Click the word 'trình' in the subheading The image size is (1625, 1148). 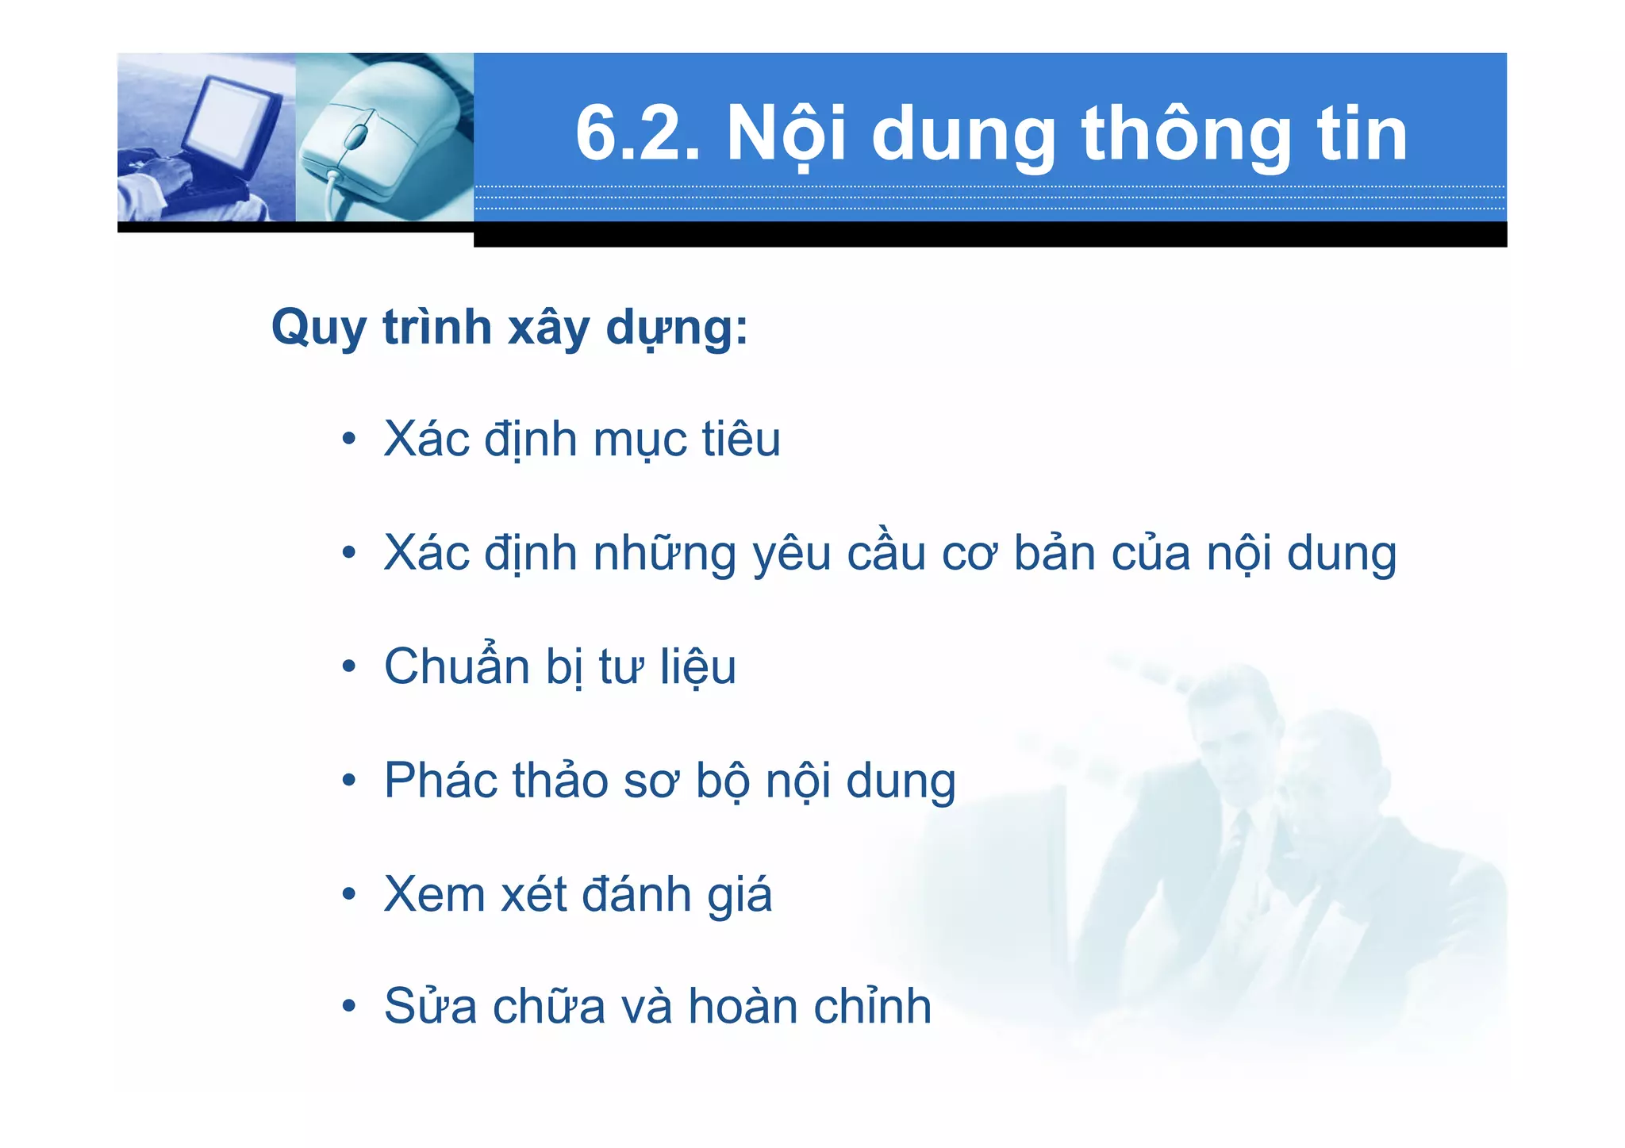pos(437,327)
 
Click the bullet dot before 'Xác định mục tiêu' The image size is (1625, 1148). pos(349,440)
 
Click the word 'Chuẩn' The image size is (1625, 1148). pos(456,666)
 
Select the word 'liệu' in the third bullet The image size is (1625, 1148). pos(698,666)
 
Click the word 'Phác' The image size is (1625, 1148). pos(440,781)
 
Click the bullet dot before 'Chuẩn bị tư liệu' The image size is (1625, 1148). pos(349,667)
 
